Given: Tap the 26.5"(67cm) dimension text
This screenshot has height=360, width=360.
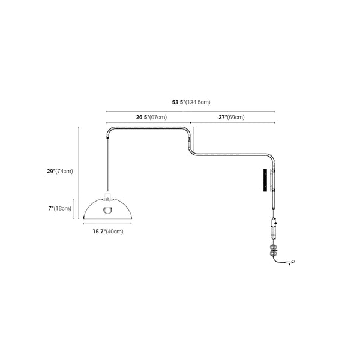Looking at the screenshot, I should (x=151, y=118).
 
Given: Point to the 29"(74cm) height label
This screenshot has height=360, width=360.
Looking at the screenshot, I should (x=59, y=171).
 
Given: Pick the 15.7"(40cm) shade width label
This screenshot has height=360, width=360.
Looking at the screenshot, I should (x=107, y=231).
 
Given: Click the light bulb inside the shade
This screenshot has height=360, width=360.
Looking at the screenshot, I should (x=108, y=210).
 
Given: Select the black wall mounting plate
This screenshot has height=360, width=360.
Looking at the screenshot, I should (x=263, y=180).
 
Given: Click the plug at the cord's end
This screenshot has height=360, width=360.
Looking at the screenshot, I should (x=293, y=262).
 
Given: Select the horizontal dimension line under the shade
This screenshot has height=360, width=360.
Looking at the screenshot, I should (x=108, y=224).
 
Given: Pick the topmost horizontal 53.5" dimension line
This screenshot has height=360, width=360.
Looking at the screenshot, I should (x=190, y=110).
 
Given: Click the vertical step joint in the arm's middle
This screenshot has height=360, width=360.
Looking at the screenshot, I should (x=192, y=143).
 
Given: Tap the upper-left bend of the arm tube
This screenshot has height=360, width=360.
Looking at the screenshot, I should (x=110, y=130).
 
